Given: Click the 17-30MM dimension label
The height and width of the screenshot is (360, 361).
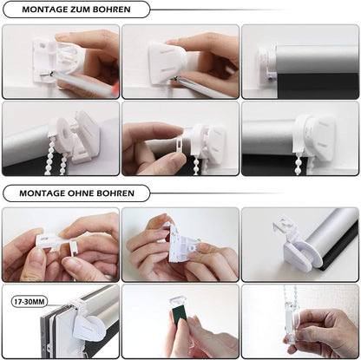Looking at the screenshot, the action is point(30,302).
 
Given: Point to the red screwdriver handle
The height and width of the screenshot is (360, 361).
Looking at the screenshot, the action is point(115,86).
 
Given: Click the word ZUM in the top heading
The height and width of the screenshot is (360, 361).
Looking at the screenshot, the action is point(80,10).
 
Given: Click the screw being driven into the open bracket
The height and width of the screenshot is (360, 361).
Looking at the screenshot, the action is point(47,75).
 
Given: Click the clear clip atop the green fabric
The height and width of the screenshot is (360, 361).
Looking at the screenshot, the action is point(177,302).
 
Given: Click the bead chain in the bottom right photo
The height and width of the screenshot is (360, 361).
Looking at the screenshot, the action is point(291,297).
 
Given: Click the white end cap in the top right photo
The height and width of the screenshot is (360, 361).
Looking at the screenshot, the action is point(266,64).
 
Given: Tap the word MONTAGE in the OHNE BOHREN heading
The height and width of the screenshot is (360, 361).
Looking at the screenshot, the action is point(42,193).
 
